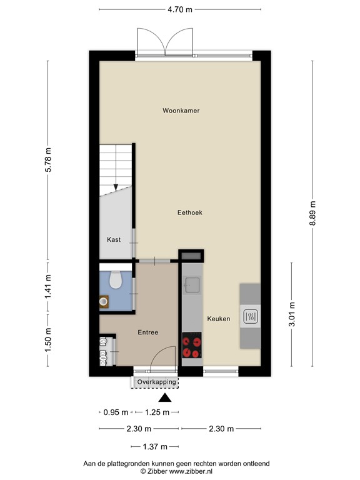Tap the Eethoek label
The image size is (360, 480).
coord(189,212)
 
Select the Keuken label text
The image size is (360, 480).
coord(219,319)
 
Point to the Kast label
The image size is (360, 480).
coord(114,239)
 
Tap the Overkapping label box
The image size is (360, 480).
coord(155,382)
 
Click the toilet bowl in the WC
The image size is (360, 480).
coord(115,281)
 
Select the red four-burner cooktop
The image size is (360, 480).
coord(192,346)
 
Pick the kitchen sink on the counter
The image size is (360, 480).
coord(192,286)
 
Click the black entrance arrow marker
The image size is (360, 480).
coord(165,398)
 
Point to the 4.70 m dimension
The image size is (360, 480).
coord(180,9)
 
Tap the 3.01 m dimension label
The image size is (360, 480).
coord(292,316)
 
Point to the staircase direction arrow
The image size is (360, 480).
coord(116,186)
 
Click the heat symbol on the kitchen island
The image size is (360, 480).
coord(250,317)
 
